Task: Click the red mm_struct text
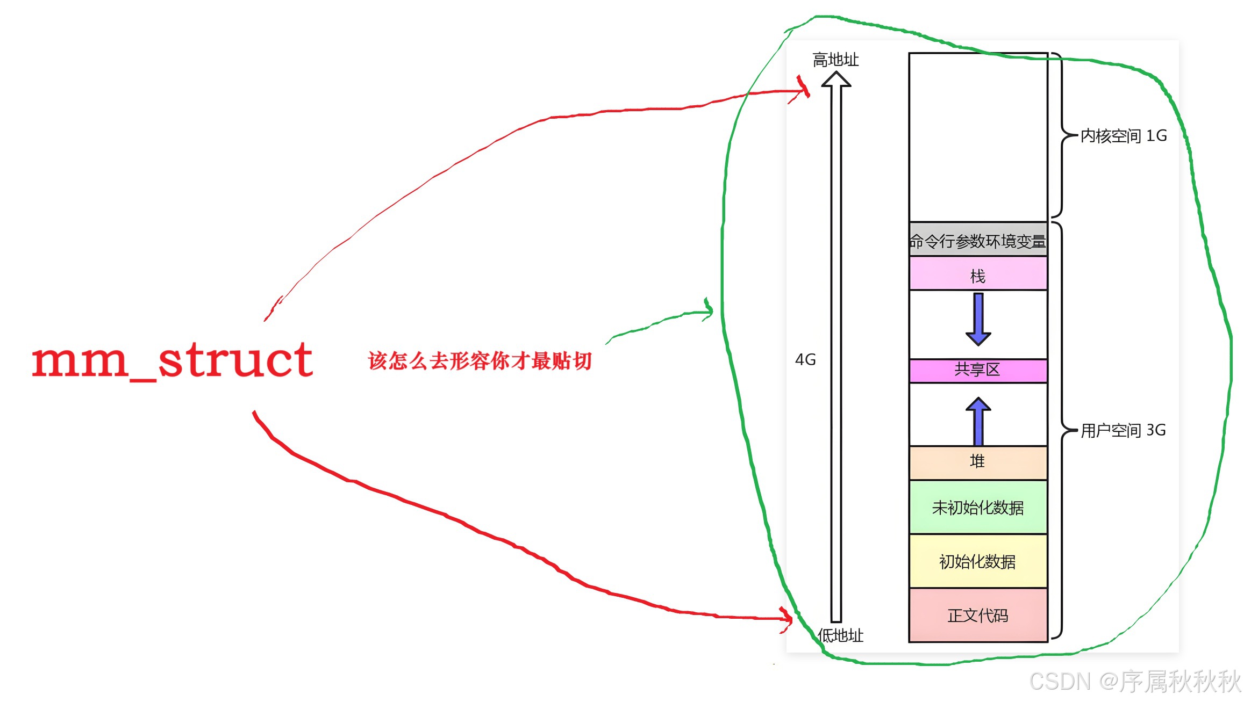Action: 172,360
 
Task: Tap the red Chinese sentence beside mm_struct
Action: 480,361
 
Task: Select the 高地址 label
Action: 835,60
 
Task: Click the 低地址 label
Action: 840,635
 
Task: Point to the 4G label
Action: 805,359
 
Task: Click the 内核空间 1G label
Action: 1124,136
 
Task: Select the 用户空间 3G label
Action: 1123,430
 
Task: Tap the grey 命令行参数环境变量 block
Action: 977,241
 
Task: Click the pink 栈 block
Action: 978,275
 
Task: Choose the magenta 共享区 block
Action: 978,370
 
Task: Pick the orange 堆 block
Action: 978,462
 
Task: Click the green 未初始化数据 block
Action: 978,507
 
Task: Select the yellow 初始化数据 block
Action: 978,561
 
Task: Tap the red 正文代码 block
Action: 978,615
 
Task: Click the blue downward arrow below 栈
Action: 978,320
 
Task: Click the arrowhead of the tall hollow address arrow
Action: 836,79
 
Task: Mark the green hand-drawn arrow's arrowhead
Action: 709,310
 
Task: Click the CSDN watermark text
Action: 1134,682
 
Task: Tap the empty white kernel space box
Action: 978,137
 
